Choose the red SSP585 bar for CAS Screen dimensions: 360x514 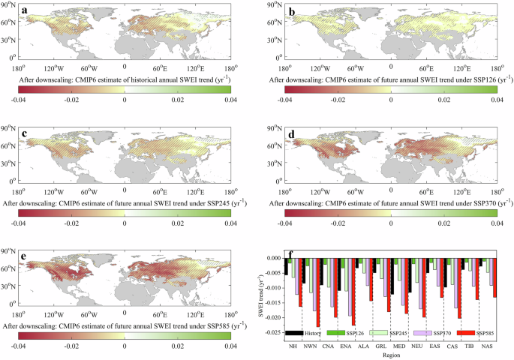point(459,286)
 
